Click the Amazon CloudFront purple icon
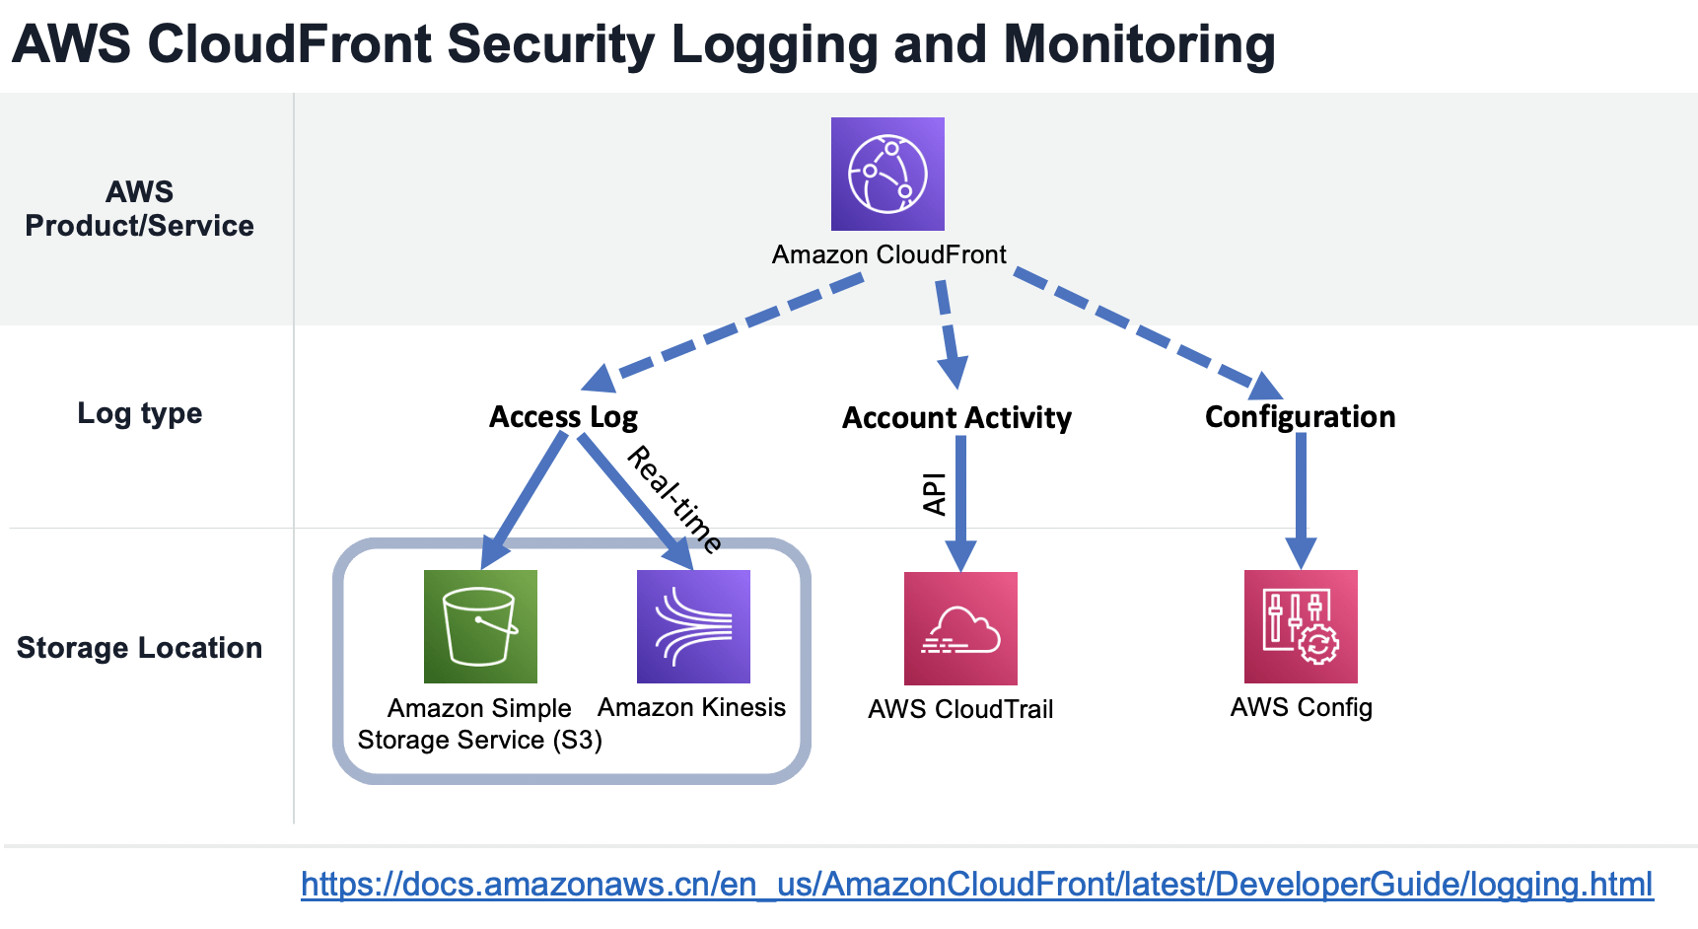click(x=887, y=174)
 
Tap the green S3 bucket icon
click(x=480, y=626)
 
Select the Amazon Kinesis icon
click(x=693, y=626)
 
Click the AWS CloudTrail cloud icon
click(x=960, y=628)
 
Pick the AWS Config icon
click(x=1301, y=626)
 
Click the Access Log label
click(x=563, y=417)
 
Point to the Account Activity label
click(x=956, y=418)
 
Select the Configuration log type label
click(x=1300, y=417)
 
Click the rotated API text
click(x=934, y=494)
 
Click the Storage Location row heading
click(x=139, y=648)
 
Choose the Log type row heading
click(x=139, y=413)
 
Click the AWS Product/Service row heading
click(x=139, y=208)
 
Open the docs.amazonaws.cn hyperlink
click(x=976, y=884)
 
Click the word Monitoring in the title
click(x=1139, y=44)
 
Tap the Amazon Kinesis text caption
click(x=691, y=707)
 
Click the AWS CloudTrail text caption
click(x=960, y=709)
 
